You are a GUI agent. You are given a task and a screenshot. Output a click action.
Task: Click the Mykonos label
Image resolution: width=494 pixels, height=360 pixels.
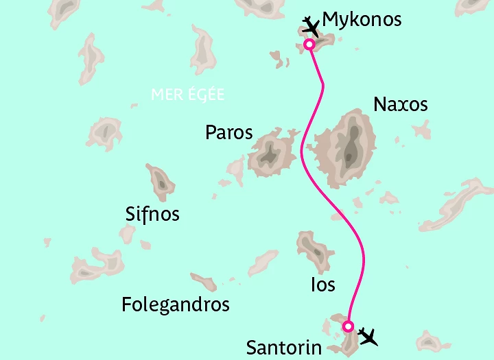[x=362, y=19]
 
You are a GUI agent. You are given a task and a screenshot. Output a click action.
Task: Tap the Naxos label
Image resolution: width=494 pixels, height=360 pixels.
[x=400, y=104]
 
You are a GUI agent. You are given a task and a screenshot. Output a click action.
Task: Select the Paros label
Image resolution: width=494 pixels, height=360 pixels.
[x=229, y=132]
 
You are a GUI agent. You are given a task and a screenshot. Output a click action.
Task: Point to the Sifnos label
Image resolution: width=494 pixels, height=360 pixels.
[x=152, y=214]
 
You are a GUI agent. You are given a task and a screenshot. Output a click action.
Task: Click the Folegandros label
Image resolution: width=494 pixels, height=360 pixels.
[x=175, y=304]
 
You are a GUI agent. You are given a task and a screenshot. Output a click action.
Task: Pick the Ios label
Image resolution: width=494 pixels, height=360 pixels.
[x=323, y=283]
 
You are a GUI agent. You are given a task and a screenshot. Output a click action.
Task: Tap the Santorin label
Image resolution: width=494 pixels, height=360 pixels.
[x=283, y=348]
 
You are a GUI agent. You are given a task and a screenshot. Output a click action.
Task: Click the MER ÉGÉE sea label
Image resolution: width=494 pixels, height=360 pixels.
[x=187, y=95]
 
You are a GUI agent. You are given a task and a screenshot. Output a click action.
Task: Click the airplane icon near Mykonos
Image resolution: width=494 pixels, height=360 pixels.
[x=311, y=27]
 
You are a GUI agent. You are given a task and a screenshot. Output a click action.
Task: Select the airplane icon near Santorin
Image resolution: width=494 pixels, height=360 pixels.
[x=368, y=337]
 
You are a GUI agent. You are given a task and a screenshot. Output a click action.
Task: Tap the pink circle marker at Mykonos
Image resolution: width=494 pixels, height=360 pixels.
[x=309, y=45]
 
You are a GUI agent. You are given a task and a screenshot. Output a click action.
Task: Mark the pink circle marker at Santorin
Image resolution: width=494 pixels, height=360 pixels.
[x=348, y=326]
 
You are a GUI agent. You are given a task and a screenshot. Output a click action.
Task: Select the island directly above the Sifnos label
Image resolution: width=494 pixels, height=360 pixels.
[x=161, y=182]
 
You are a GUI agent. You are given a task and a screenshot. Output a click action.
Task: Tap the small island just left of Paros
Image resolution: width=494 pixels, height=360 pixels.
[x=237, y=167]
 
